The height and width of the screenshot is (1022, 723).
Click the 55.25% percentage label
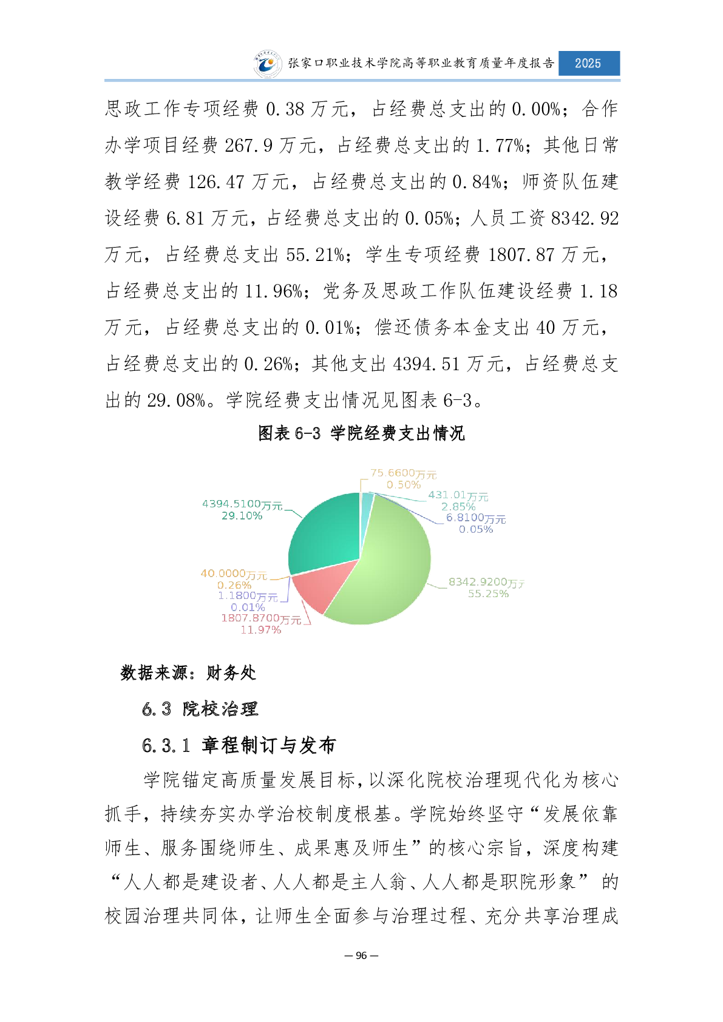click(488, 594)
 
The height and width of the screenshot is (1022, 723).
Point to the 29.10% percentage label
click(242, 516)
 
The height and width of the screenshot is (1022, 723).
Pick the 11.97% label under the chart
click(261, 630)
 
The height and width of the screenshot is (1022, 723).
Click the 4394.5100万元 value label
click(242, 504)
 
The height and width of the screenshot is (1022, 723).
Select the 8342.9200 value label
click(486, 582)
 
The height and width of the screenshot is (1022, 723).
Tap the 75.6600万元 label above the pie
click(403, 473)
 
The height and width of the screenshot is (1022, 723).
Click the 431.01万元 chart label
click(458, 495)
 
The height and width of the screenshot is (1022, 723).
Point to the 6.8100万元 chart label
click(476, 518)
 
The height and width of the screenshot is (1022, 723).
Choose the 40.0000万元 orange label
click(234, 574)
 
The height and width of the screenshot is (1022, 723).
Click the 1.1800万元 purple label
click(248, 596)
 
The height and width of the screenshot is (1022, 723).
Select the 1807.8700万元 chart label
click(261, 618)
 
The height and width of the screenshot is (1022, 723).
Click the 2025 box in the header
click(588, 63)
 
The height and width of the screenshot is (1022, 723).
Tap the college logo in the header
click(268, 64)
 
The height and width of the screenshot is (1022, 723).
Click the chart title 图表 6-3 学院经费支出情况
click(361, 433)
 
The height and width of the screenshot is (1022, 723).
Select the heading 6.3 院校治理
click(200, 709)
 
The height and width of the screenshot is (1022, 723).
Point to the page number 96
click(361, 955)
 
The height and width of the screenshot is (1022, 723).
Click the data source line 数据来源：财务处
click(188, 672)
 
